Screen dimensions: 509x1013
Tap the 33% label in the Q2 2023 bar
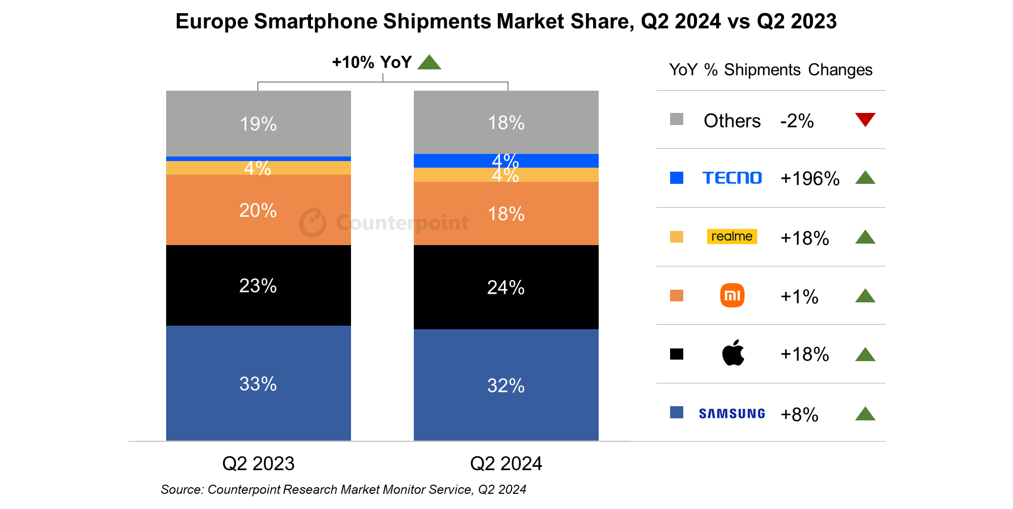point(258,384)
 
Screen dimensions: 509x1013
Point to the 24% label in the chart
point(505,288)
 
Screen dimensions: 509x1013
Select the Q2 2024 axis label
point(506,463)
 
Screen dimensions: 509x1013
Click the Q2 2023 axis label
point(258,463)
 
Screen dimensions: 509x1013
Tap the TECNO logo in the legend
point(732,178)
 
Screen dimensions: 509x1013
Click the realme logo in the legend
point(732,237)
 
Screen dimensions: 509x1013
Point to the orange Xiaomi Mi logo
point(732,295)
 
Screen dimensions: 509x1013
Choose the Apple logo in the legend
point(733,353)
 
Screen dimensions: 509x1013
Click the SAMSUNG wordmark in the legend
point(732,414)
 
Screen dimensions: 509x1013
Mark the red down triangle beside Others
point(865,119)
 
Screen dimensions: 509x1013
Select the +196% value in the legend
point(810,178)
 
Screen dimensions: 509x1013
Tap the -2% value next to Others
point(797,121)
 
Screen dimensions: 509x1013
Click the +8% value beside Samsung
point(799,414)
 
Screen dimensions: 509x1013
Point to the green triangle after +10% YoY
point(430,63)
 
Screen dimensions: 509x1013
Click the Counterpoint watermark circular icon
point(313,222)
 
